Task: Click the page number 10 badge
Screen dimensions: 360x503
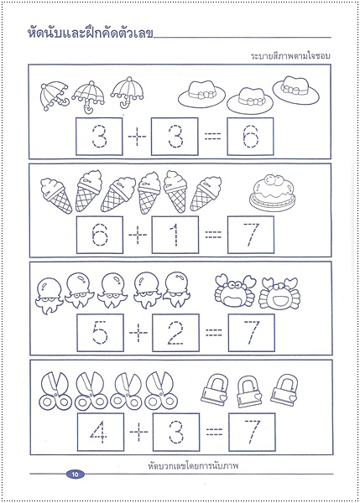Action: point(76,474)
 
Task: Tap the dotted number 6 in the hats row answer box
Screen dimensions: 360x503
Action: point(250,137)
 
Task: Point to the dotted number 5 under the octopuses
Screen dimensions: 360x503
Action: point(100,333)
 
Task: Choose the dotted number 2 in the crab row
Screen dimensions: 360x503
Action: point(175,334)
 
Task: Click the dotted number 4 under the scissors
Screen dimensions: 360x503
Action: point(98,432)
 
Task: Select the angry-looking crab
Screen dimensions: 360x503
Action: point(235,290)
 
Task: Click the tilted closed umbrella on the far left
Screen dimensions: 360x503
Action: point(54,96)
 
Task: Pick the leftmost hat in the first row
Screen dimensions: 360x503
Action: point(201,93)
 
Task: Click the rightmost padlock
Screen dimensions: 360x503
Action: point(284,390)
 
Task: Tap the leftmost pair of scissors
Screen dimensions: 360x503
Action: point(55,391)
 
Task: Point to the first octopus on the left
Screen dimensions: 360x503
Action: point(50,295)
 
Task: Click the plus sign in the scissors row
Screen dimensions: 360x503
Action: point(138,432)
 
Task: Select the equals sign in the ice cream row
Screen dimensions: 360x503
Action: point(213,235)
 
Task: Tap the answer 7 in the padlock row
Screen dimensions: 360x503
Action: point(252,432)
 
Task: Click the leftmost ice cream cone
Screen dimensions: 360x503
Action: point(56,195)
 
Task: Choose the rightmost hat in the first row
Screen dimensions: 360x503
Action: point(295,90)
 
